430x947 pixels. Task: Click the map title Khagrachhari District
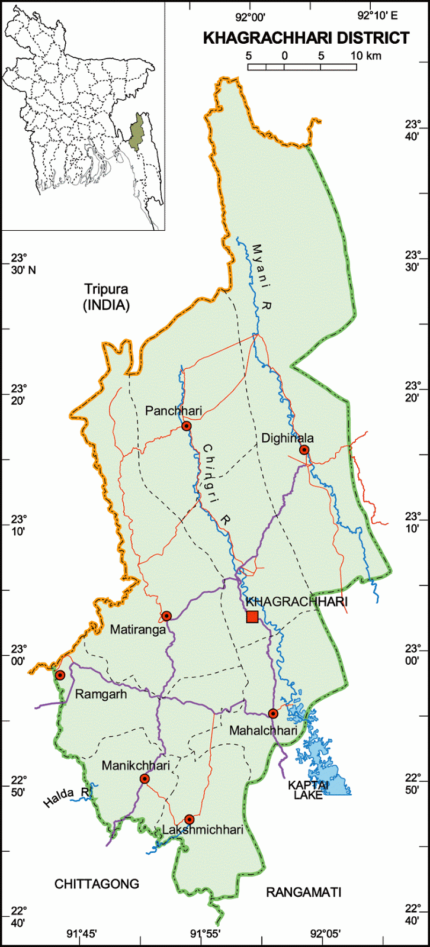click(306, 38)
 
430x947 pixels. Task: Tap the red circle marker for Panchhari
click(187, 426)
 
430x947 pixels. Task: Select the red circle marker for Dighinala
click(304, 450)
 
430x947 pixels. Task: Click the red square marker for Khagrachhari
click(252, 617)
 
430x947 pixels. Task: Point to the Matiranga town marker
click(166, 616)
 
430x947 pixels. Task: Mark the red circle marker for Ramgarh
click(60, 675)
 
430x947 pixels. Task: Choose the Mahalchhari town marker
click(272, 713)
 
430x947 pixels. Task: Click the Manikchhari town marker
click(145, 778)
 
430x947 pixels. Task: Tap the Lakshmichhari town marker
click(189, 819)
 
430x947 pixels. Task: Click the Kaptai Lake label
click(305, 790)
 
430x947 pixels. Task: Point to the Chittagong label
click(97, 884)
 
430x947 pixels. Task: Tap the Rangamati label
click(303, 892)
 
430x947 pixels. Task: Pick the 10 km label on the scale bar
click(365, 56)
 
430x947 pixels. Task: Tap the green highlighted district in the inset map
click(139, 131)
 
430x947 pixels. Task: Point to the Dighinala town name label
click(287, 438)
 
